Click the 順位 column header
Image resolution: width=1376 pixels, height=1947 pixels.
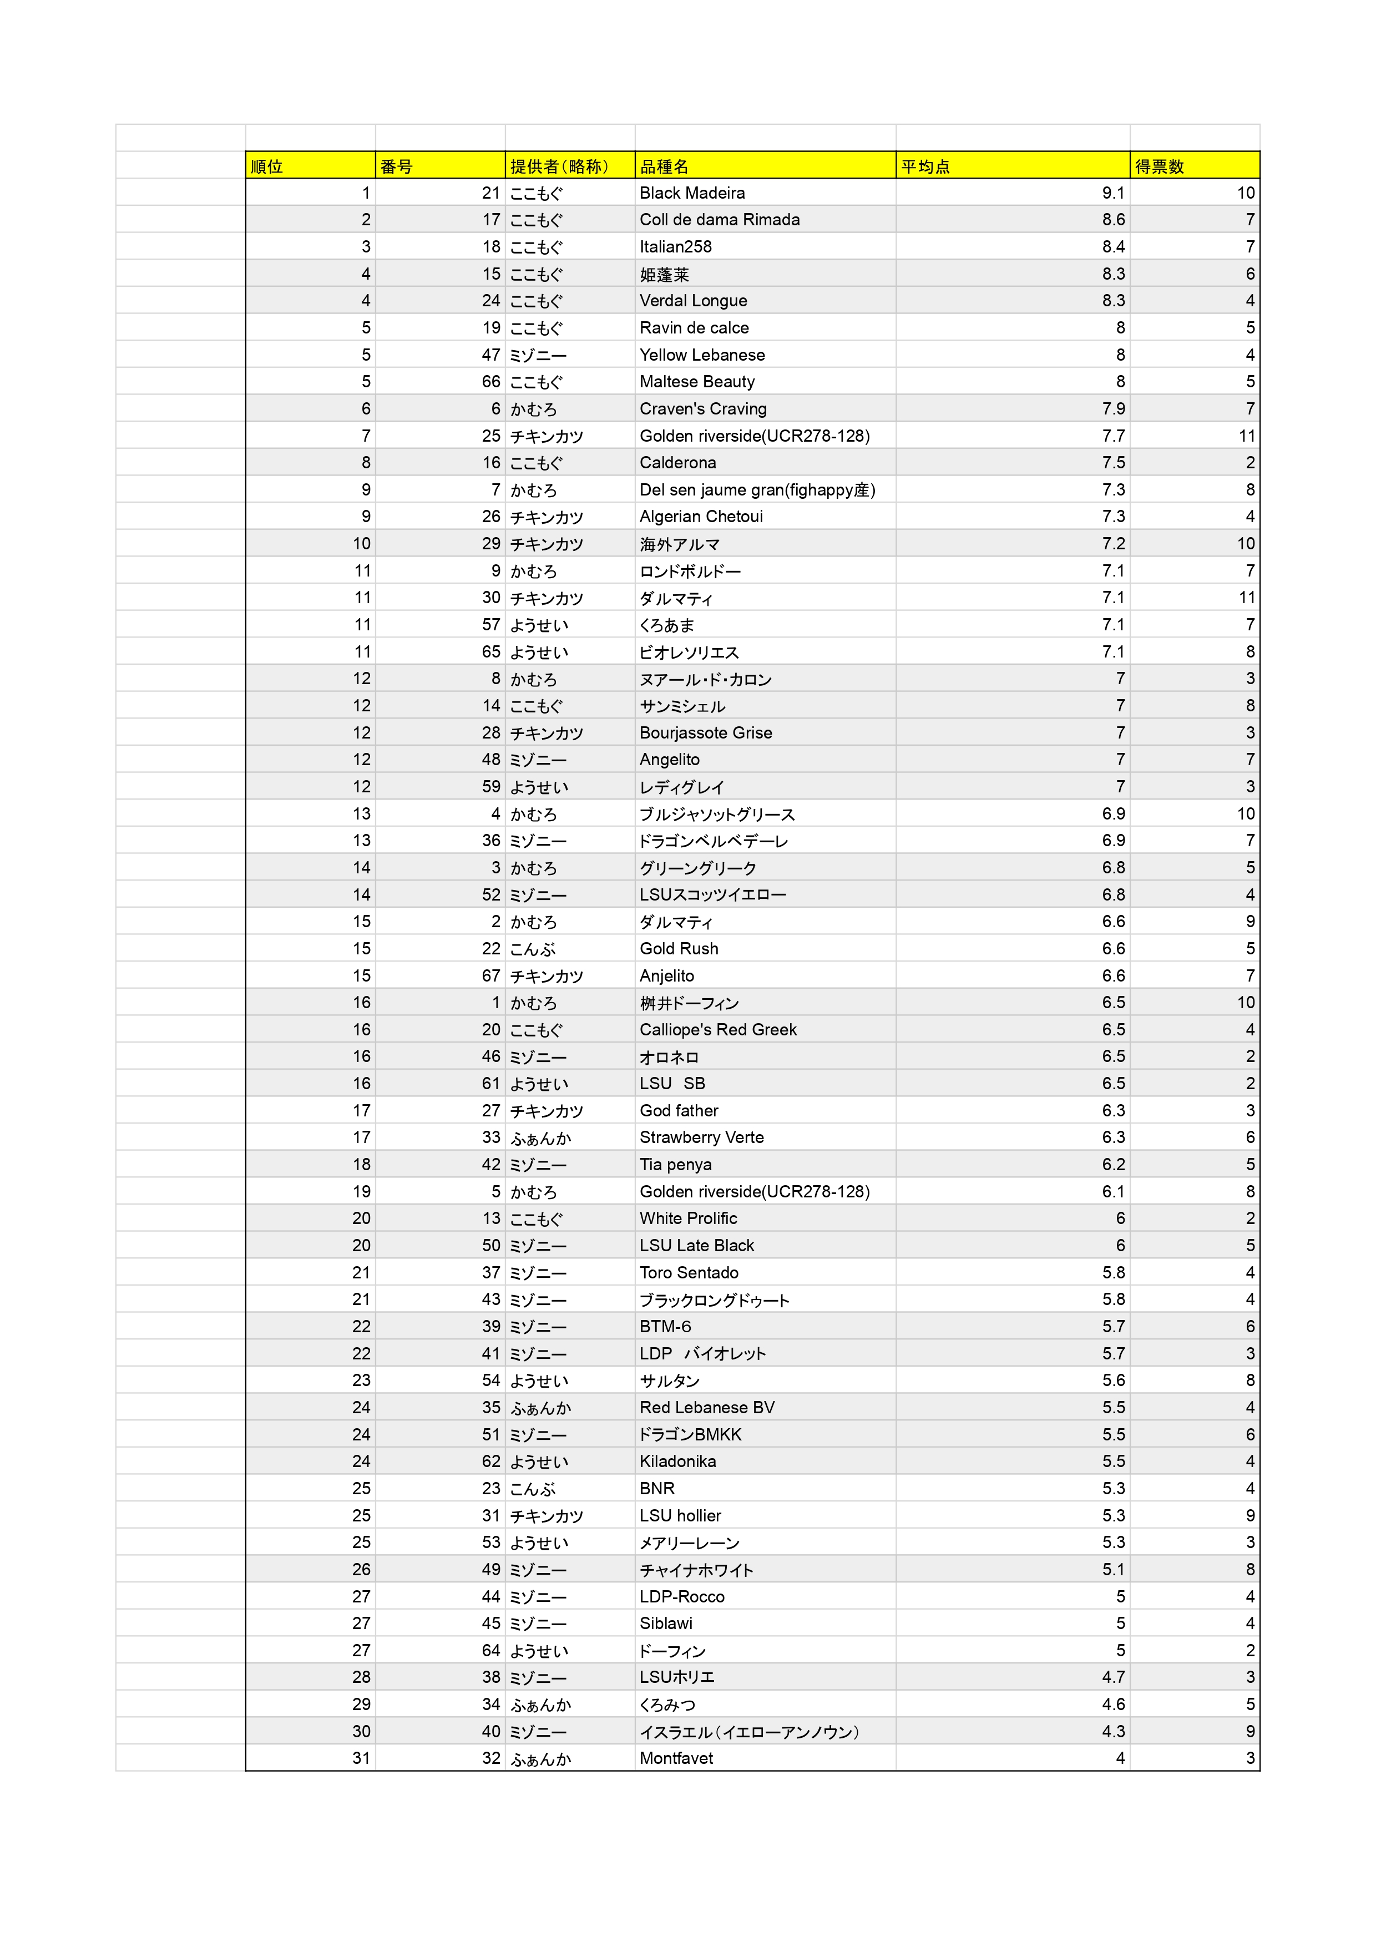pyautogui.click(x=267, y=166)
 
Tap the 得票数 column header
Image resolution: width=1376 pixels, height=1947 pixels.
pyautogui.click(x=1159, y=166)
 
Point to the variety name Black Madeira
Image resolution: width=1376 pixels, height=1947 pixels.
pyautogui.click(x=692, y=193)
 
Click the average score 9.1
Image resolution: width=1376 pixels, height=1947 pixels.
pyautogui.click(x=1113, y=193)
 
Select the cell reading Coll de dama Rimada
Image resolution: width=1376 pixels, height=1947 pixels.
pyautogui.click(x=719, y=220)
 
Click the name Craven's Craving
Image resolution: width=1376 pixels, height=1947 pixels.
pyautogui.click(x=703, y=409)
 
